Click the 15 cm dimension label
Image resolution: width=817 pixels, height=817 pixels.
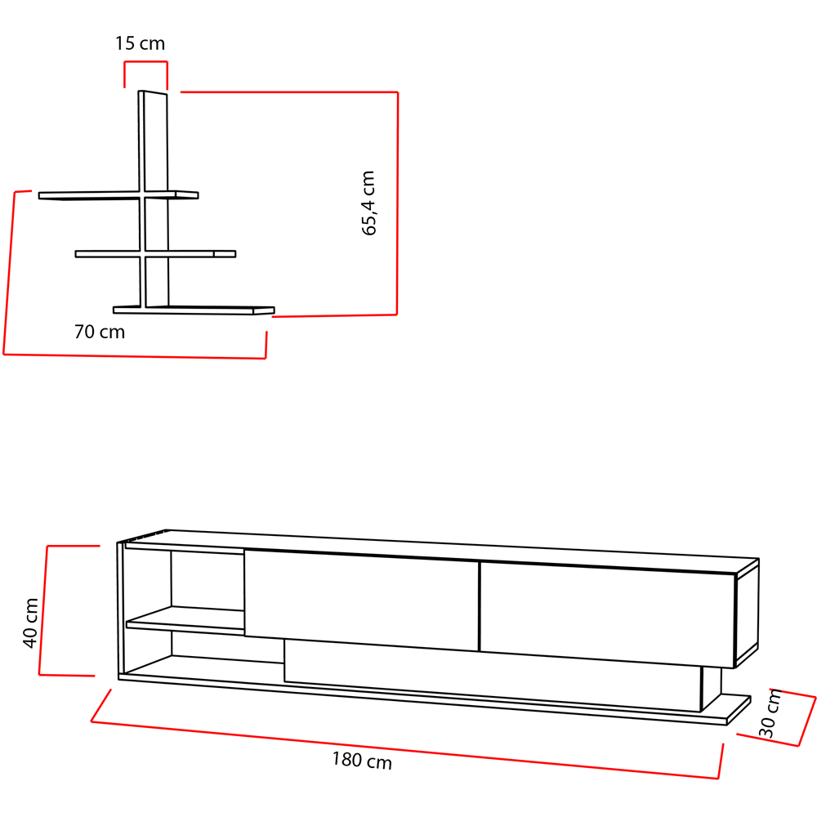click(140, 44)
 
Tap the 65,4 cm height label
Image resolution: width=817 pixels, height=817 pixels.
click(369, 203)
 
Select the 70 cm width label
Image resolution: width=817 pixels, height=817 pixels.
click(100, 333)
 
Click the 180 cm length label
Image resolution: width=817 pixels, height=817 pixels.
click(362, 761)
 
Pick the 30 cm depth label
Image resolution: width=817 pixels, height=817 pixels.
click(770, 713)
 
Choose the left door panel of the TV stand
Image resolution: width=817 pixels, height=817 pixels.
click(361, 600)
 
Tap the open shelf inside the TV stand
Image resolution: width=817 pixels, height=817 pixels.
click(184, 622)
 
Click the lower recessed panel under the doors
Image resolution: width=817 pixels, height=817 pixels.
click(490, 677)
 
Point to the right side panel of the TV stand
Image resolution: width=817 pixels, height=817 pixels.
click(747, 614)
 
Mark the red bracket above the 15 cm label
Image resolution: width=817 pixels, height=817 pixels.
click(145, 63)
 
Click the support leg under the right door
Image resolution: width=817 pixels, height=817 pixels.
click(712, 688)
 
